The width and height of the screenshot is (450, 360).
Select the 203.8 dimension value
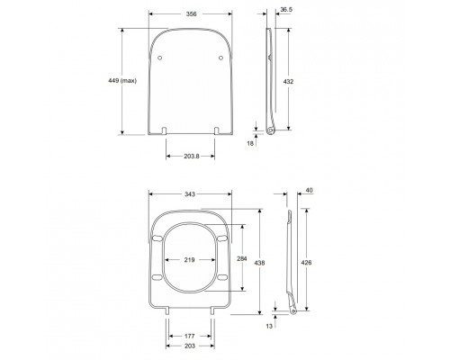[x=190, y=156]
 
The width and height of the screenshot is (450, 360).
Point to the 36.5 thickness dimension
[x=285, y=11]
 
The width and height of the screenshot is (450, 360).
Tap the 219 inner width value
[x=190, y=260]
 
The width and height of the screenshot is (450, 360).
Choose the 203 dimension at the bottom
[x=190, y=345]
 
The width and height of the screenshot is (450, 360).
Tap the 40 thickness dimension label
[x=310, y=190]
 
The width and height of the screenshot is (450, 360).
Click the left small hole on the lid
[x=161, y=57]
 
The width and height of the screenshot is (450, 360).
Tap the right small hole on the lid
[x=220, y=57]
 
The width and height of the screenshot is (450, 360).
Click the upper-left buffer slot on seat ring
[x=158, y=238]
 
